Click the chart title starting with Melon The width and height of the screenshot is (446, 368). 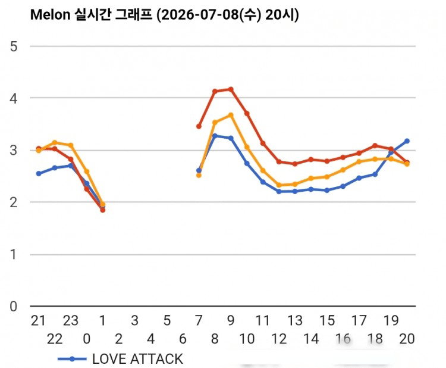[x=164, y=14]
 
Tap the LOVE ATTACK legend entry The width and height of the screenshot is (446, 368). [x=120, y=359]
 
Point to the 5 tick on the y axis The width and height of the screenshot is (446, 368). [x=14, y=46]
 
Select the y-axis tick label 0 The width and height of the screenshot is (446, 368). [x=13, y=307]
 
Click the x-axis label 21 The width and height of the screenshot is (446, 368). [x=38, y=321]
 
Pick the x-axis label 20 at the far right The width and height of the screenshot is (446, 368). [x=407, y=339]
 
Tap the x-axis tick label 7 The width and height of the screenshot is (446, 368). [x=199, y=321]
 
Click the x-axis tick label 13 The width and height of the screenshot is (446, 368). [x=295, y=321]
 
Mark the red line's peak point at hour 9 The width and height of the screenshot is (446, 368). [x=231, y=89]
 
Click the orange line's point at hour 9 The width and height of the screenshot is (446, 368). [x=231, y=115]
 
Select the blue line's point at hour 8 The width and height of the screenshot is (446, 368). [x=215, y=136]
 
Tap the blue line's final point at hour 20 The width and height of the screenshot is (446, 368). [x=407, y=141]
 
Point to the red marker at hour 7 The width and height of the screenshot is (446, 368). [x=199, y=126]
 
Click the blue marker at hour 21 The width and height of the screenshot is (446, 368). [x=39, y=173]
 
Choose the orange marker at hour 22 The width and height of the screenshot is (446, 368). [x=55, y=142]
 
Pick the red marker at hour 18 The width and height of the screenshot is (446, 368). [x=375, y=145]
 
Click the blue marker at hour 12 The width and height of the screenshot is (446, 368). [x=279, y=192]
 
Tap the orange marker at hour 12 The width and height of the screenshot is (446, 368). [x=279, y=185]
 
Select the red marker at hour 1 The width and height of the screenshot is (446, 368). [x=103, y=210]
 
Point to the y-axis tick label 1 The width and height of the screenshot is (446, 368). [x=14, y=254]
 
